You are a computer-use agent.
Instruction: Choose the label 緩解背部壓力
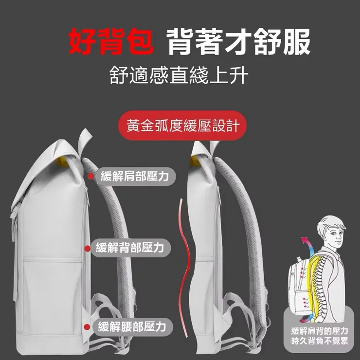130,248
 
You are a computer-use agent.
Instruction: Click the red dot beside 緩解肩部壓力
90,177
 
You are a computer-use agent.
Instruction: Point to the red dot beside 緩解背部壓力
88,249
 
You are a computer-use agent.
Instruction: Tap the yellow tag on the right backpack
195,161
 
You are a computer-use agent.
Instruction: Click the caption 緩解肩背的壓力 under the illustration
320,332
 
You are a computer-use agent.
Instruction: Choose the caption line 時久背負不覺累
320,342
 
